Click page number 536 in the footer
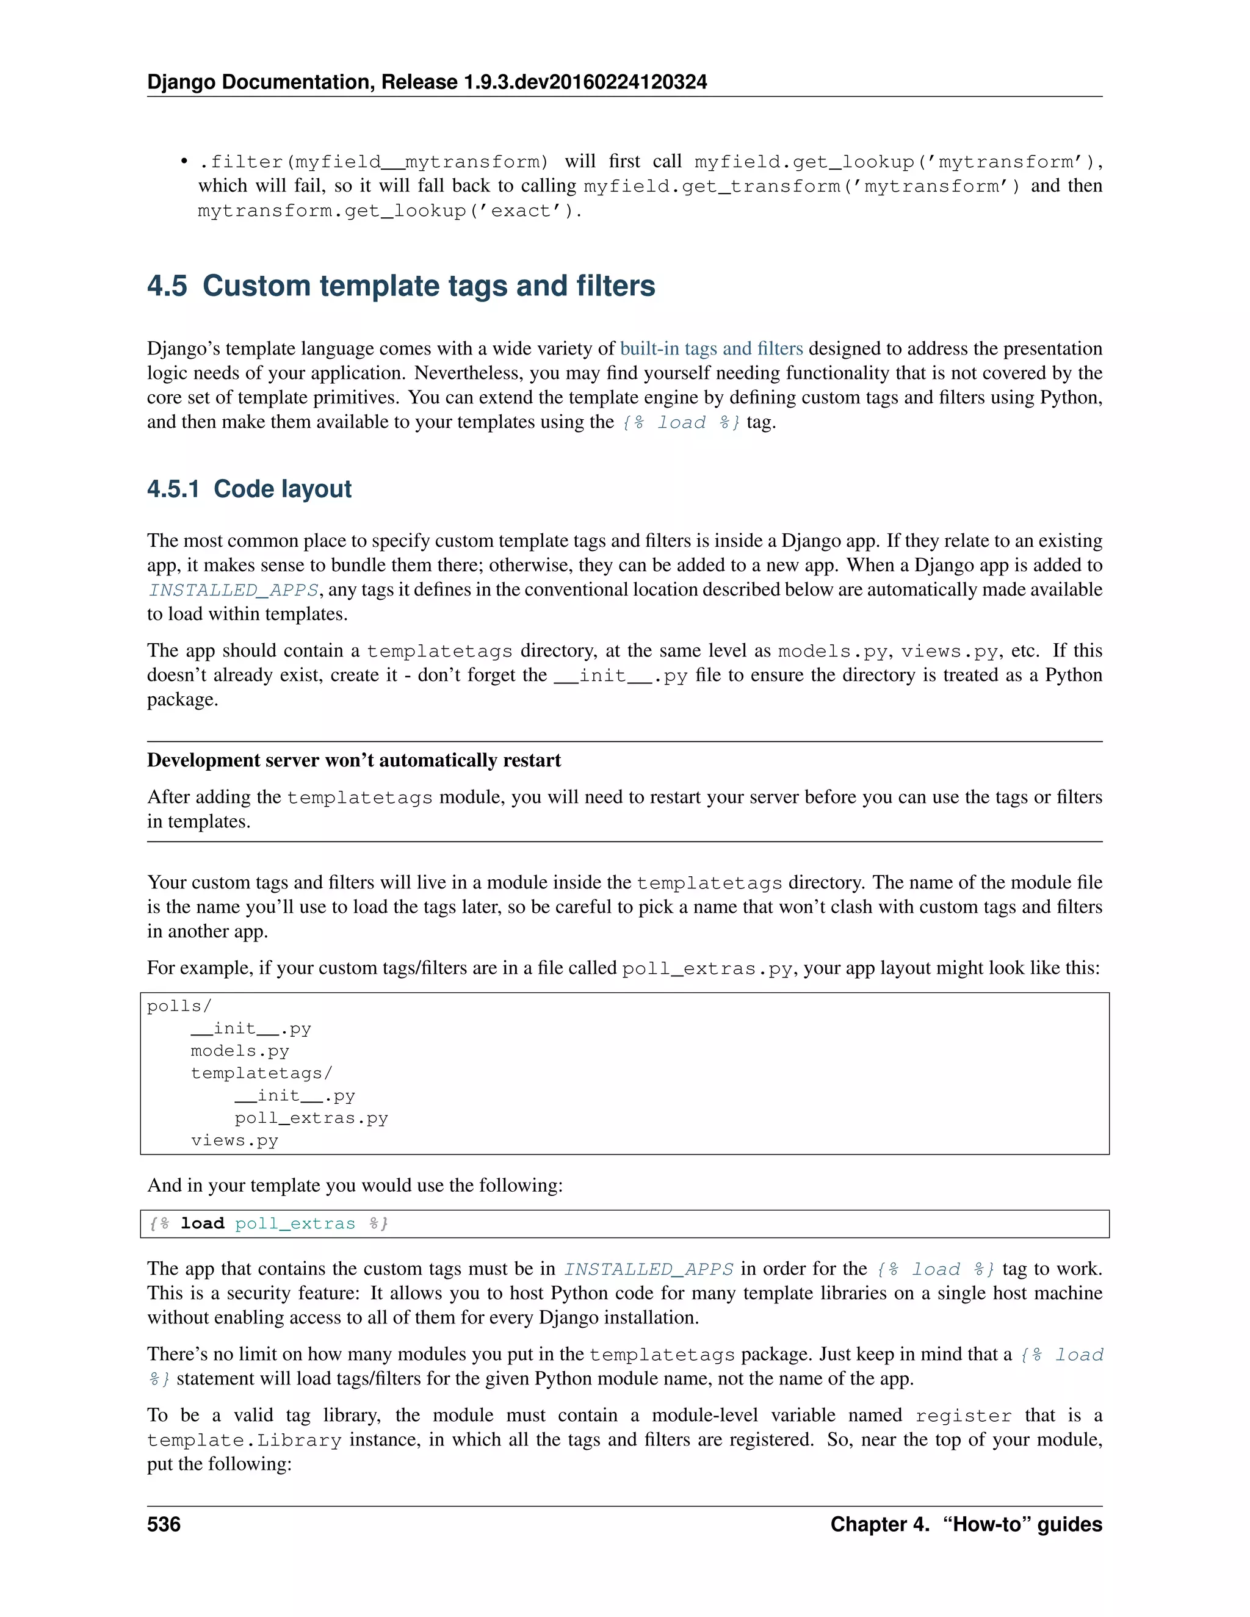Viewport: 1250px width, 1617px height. click(x=164, y=1524)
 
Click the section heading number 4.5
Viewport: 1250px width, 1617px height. click(x=167, y=287)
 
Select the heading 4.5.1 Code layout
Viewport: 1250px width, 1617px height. click(x=249, y=489)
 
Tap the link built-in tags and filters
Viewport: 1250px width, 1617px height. click(x=711, y=348)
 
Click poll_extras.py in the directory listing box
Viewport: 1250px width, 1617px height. click(x=311, y=1118)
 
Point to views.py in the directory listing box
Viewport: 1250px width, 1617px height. click(x=234, y=1140)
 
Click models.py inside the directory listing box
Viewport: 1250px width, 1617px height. click(x=239, y=1051)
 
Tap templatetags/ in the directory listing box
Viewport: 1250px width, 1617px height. click(x=261, y=1073)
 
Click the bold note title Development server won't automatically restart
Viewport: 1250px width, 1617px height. click(x=353, y=760)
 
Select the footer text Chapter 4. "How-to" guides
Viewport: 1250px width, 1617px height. click(x=966, y=1524)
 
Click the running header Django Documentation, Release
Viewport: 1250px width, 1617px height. click(x=427, y=82)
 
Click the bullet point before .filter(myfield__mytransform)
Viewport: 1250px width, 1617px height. click(x=183, y=162)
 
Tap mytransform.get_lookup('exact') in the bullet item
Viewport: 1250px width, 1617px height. click(x=389, y=211)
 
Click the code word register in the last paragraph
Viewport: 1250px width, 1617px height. click(x=963, y=1416)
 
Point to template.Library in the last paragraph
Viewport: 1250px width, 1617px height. click(x=244, y=1440)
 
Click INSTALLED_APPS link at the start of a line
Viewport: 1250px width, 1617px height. click(x=233, y=590)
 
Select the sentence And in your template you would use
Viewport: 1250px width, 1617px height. click(x=355, y=1186)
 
